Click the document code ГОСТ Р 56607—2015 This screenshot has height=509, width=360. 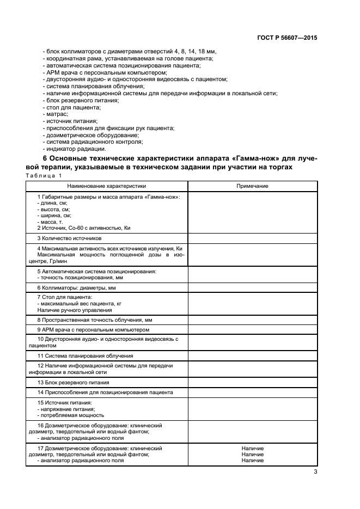[287, 38]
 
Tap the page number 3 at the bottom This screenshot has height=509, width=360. [315, 472]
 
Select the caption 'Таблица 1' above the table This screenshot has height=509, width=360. [44, 175]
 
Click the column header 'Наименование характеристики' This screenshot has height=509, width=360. [107, 186]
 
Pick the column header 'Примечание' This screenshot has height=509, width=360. [252, 186]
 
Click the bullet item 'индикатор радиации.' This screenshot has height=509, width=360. [76, 149]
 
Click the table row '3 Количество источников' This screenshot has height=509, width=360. [69, 238]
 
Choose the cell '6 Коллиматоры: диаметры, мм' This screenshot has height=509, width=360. [76, 287]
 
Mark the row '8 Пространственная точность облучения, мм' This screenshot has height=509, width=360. [94, 320]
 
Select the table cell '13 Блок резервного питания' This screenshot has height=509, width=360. [72, 382]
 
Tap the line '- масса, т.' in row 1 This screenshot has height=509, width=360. [48, 222]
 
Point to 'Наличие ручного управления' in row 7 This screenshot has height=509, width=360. [68, 309]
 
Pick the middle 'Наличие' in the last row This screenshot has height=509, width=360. [252, 454]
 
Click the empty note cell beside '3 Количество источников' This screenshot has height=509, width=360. [252, 238]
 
